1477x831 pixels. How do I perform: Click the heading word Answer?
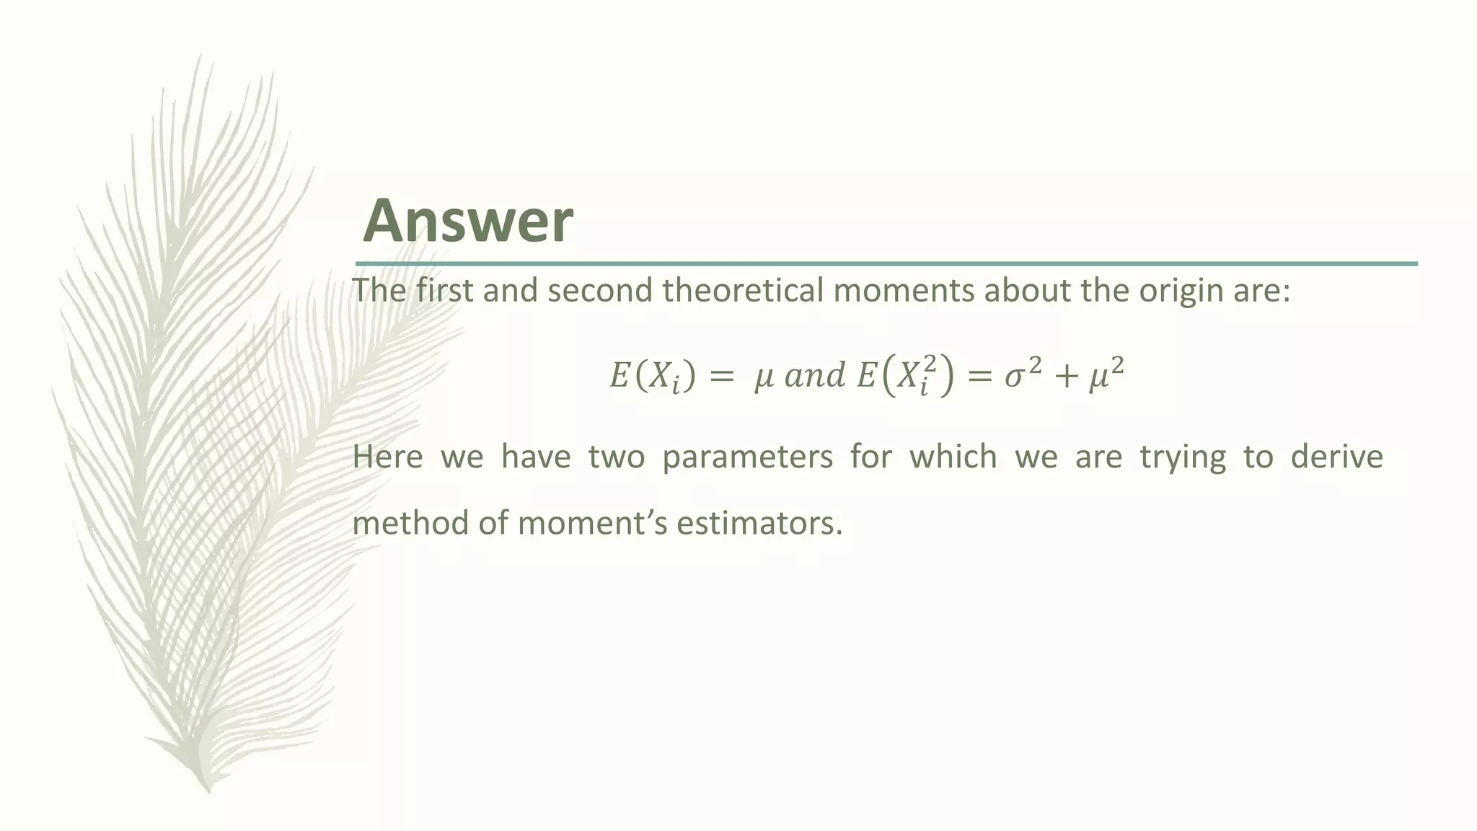(468, 221)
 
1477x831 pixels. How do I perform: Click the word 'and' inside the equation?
(814, 375)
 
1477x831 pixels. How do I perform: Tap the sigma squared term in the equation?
(1023, 374)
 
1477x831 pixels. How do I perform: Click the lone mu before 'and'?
(764, 377)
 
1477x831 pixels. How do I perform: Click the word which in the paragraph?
(953, 457)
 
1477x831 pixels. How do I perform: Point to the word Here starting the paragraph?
(387, 457)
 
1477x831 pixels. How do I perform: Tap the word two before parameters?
(616, 457)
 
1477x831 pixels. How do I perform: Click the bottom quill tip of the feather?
(208, 789)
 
